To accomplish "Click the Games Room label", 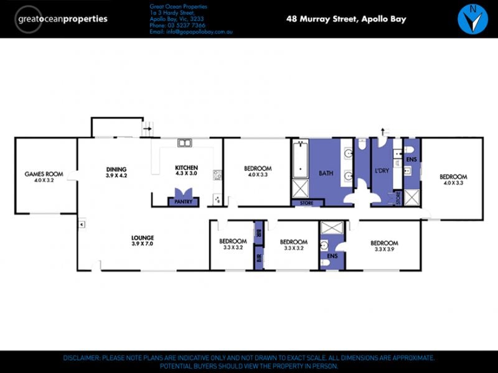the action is click(44, 177).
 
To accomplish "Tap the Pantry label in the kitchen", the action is click(183, 201).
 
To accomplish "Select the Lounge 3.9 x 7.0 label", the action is click(143, 241).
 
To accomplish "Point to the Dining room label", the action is click(116, 172).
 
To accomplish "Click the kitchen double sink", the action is click(184, 143).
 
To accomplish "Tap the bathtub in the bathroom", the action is click(300, 159).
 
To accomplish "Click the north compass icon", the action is click(472, 19).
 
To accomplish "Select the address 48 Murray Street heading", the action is click(346, 19).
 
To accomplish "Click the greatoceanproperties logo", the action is click(60, 19).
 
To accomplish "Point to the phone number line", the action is click(177, 25).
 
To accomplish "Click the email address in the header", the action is click(191, 32).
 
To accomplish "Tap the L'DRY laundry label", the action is click(382, 170).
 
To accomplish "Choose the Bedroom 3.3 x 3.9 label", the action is click(384, 246).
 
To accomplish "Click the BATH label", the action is click(326, 173).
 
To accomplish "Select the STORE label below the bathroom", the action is click(306, 203).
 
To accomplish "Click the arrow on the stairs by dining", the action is click(147, 129).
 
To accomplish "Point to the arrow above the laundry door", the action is click(383, 131).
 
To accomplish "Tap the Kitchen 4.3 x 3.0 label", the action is click(186, 170).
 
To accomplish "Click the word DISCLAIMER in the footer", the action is click(82, 358).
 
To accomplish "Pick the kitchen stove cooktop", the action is click(217, 175).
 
